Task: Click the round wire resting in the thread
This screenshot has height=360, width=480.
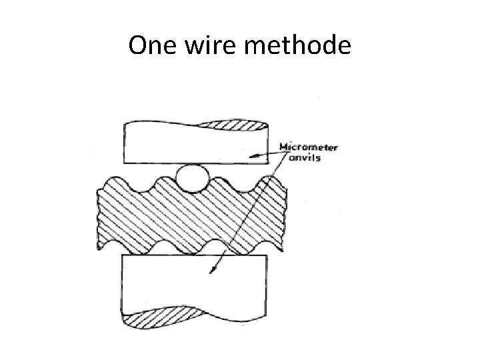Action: click(x=192, y=177)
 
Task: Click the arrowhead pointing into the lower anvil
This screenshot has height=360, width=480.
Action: click(x=213, y=271)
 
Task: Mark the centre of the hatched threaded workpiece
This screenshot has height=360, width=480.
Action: click(x=192, y=213)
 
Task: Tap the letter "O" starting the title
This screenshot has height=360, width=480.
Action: click(x=137, y=46)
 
